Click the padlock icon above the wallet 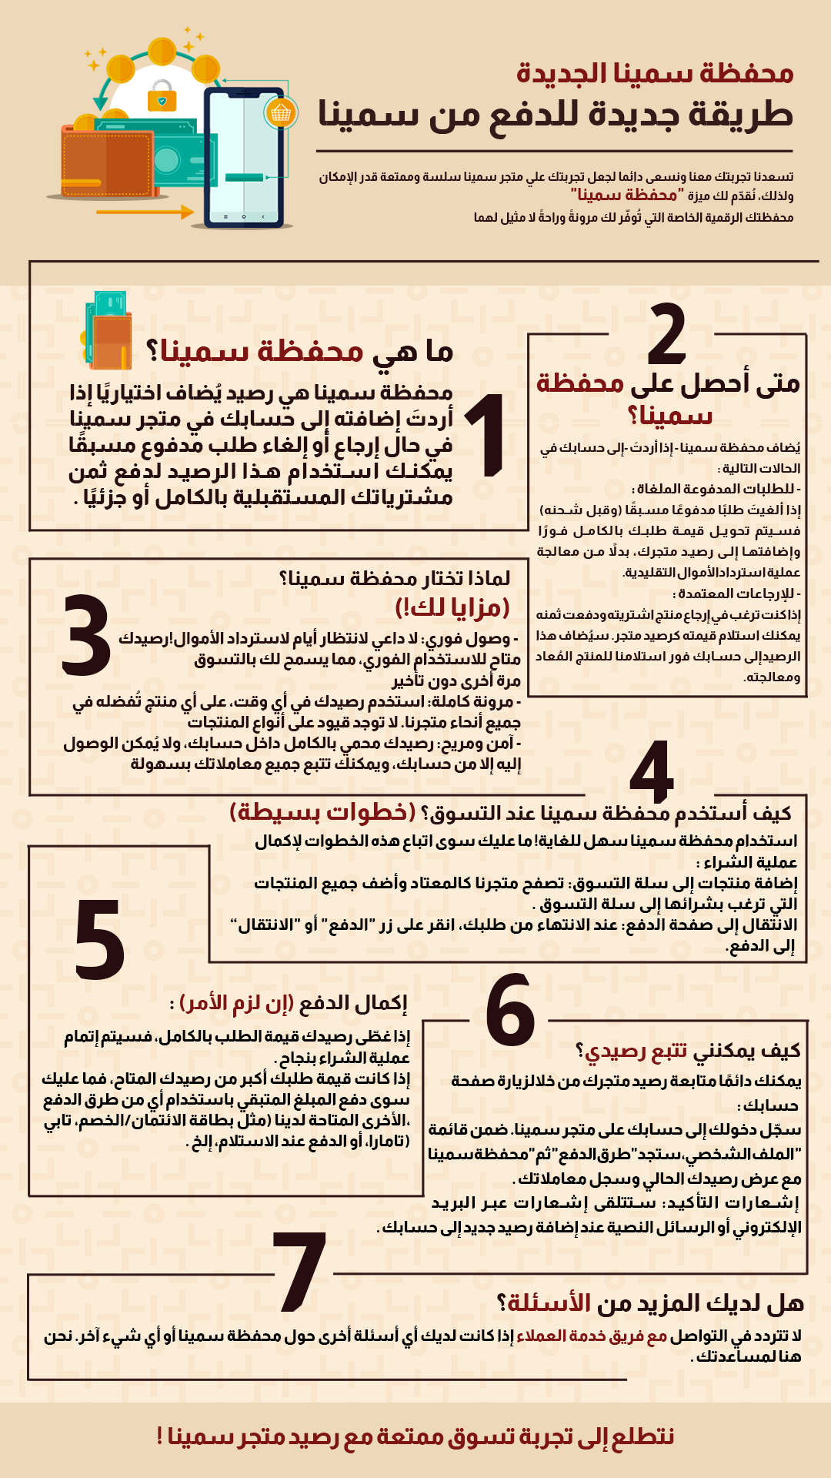(162, 95)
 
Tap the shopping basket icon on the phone (281, 113)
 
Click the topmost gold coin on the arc (162, 52)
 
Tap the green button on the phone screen (245, 178)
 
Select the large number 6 (509, 1010)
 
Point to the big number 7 (301, 1271)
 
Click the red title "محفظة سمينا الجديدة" (655, 73)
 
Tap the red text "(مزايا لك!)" (452, 607)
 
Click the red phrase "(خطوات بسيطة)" (322, 812)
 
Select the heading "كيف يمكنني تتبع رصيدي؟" (688, 1050)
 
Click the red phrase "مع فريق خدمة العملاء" (592, 1336)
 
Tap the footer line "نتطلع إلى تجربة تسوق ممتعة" (415, 1436)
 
